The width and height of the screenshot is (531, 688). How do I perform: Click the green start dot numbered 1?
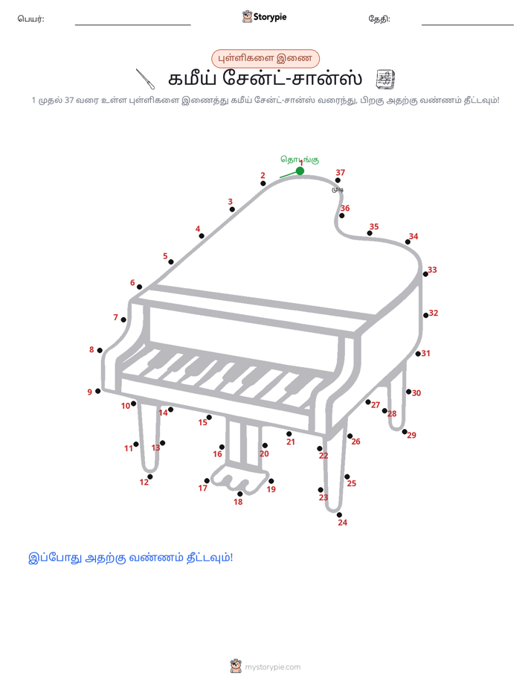click(300, 171)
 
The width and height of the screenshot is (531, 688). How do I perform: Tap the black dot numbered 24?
click(340, 515)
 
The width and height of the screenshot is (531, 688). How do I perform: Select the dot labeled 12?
click(150, 477)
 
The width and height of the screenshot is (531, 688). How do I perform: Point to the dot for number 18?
click(239, 494)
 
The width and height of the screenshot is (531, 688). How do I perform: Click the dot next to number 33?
click(425, 274)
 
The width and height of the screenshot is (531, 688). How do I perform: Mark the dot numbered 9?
click(98, 391)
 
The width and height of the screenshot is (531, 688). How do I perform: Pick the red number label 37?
click(341, 173)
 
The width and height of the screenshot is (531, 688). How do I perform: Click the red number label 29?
click(411, 436)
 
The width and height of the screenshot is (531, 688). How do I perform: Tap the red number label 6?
click(132, 283)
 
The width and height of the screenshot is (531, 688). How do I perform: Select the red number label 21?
click(291, 442)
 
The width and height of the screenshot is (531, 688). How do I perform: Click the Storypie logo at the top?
click(264, 16)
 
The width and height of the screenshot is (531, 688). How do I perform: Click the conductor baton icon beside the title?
click(144, 79)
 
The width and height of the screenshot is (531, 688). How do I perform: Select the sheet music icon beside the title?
click(385, 79)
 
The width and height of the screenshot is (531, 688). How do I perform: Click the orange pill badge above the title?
click(265, 58)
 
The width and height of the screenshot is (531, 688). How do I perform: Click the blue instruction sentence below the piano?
click(131, 558)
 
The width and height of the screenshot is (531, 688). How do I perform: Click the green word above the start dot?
click(300, 159)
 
